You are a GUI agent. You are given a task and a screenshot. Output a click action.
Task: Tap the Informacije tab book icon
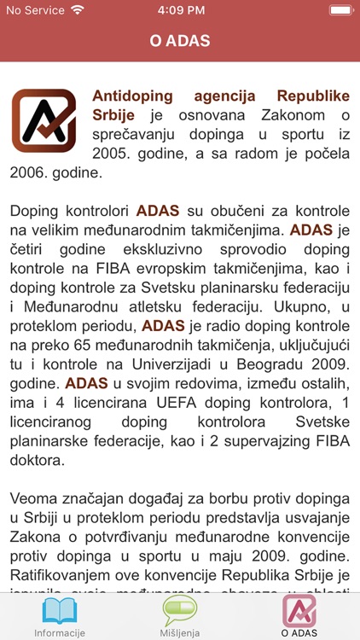point(59,611)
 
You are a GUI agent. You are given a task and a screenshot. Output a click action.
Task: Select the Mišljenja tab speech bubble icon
point(179,611)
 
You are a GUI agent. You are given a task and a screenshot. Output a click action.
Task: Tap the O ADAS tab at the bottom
point(299,616)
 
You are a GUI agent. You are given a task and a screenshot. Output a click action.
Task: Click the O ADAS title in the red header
point(180,41)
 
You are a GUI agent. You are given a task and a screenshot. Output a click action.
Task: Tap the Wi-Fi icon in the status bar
point(78,11)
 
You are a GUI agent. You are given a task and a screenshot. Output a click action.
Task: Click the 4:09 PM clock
point(179,11)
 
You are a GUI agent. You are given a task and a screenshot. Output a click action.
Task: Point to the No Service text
point(35,11)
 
